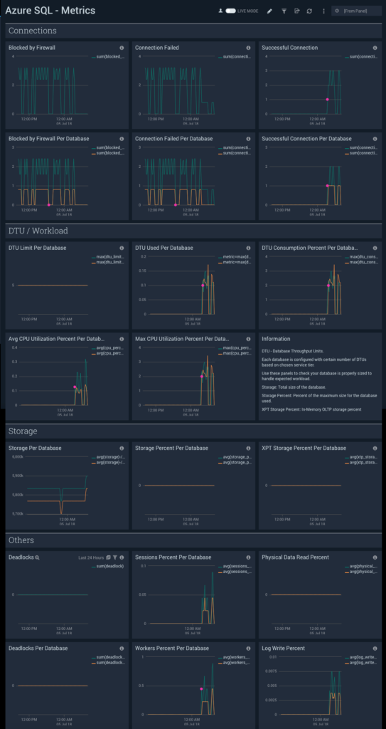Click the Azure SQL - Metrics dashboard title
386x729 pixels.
point(50,11)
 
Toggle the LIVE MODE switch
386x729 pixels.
point(230,11)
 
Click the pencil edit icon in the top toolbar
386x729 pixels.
point(269,11)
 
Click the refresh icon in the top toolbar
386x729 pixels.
point(309,11)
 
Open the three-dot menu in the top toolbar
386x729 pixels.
point(323,11)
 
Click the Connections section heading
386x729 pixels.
point(32,31)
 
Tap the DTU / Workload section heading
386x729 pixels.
point(38,231)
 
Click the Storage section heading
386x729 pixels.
point(23,431)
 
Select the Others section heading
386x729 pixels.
point(21,540)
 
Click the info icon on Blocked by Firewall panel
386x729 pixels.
point(122,48)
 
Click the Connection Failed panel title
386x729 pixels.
point(157,48)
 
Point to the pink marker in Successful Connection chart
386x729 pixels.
point(327,99)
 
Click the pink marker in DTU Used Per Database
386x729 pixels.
point(203,285)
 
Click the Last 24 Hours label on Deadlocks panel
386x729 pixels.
point(91,557)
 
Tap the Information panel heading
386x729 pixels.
point(276,339)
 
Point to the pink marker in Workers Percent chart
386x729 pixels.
point(202,689)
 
